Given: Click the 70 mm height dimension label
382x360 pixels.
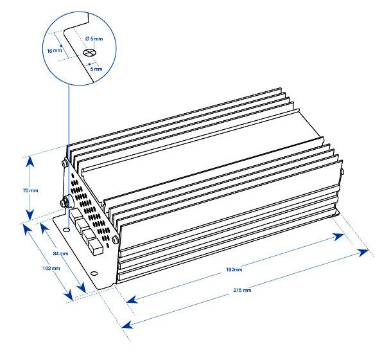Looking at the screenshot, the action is [x=30, y=190].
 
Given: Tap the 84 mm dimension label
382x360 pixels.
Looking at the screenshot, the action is [x=60, y=254].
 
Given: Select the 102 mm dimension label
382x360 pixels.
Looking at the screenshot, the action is [x=51, y=268].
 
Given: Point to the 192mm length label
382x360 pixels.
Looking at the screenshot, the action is [x=234, y=270].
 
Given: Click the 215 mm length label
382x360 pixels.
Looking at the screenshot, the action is [x=242, y=290].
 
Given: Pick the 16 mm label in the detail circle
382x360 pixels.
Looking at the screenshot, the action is [x=55, y=51].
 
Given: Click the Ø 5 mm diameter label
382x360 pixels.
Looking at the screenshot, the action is [x=94, y=39].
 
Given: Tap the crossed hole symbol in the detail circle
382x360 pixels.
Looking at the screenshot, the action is [x=88, y=52].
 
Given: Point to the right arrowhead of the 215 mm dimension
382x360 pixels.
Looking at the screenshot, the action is [x=363, y=253].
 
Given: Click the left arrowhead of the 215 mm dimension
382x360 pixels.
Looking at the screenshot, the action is [x=128, y=325].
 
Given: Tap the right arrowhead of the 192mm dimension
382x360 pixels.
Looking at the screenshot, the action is [x=338, y=237].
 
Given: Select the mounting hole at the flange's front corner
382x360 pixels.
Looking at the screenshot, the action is [x=94, y=273].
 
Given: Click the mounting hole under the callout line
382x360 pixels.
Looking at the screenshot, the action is [x=66, y=230].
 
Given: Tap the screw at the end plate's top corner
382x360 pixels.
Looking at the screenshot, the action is [x=65, y=162].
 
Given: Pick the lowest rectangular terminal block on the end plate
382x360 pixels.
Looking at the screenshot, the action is [x=96, y=248].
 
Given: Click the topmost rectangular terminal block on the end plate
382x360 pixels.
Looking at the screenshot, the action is [x=76, y=215].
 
